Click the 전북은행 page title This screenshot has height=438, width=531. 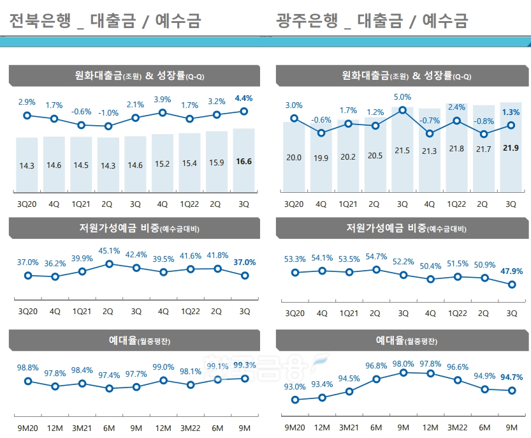tap(105, 21)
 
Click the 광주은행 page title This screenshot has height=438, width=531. tap(372, 21)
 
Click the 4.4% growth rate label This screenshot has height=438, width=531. tap(244, 98)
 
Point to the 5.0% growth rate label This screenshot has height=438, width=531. tap(402, 97)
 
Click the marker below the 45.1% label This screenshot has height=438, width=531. tap(108, 264)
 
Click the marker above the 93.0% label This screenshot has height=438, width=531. tap(295, 400)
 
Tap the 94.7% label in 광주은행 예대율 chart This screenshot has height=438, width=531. tap(511, 377)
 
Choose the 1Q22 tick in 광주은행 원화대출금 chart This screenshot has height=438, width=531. tap(456, 204)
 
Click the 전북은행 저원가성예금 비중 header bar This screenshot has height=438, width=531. tap(135, 228)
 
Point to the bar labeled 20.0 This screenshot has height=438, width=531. tap(294, 156)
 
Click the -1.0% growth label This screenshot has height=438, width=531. tap(108, 113)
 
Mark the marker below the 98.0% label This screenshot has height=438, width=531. tap(402, 372)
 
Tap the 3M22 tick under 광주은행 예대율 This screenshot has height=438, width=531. tap(456, 427)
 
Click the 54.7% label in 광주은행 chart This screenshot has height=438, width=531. tap(375, 257)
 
